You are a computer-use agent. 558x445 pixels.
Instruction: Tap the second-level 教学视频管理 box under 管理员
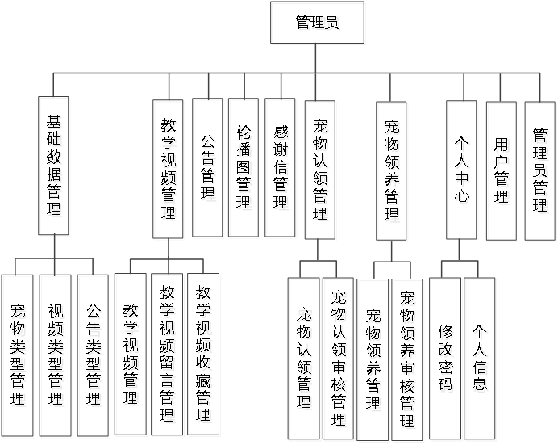169,170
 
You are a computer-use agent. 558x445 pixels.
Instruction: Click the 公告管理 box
208,170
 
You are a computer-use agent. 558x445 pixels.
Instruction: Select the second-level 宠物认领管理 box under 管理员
321,170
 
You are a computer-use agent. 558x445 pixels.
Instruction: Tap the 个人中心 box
463,171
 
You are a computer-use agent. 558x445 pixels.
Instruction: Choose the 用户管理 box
502,171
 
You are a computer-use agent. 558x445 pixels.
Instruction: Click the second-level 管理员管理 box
541,171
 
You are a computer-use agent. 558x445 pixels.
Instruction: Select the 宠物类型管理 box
18,355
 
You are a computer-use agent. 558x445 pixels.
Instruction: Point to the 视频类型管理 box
56,355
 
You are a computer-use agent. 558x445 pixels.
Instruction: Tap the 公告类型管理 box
94,355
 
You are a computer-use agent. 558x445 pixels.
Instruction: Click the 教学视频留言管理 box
169,355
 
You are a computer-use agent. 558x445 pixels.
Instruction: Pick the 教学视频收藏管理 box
205,355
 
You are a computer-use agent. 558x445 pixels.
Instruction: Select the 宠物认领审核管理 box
339,359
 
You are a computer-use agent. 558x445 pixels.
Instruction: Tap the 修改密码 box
446,359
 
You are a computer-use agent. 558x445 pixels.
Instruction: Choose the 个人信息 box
481,359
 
